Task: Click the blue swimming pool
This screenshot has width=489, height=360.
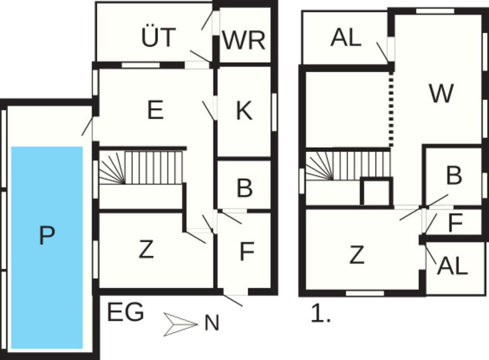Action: pyautogui.click(x=47, y=247)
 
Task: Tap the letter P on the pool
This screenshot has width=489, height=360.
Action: pyautogui.click(x=47, y=236)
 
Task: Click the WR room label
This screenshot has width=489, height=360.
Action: pyautogui.click(x=244, y=40)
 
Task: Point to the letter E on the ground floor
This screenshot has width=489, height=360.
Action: pyautogui.click(x=156, y=110)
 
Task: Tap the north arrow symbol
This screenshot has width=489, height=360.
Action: pyautogui.click(x=180, y=324)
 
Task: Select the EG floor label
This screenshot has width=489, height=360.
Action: pyautogui.click(x=125, y=312)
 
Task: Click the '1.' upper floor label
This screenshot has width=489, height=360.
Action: pyautogui.click(x=321, y=314)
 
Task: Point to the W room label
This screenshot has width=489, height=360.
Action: pyautogui.click(x=441, y=93)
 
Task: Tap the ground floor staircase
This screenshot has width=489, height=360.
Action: pyautogui.click(x=141, y=167)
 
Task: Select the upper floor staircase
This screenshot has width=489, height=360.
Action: pyautogui.click(x=348, y=165)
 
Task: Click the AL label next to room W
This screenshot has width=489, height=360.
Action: pyautogui.click(x=346, y=38)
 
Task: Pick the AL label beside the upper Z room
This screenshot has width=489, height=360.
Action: pyautogui.click(x=452, y=266)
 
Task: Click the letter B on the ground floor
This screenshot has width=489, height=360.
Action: pyautogui.click(x=244, y=188)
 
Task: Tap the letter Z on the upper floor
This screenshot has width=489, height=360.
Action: pyautogui.click(x=356, y=255)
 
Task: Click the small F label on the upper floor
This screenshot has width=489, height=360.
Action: pyautogui.click(x=455, y=223)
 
